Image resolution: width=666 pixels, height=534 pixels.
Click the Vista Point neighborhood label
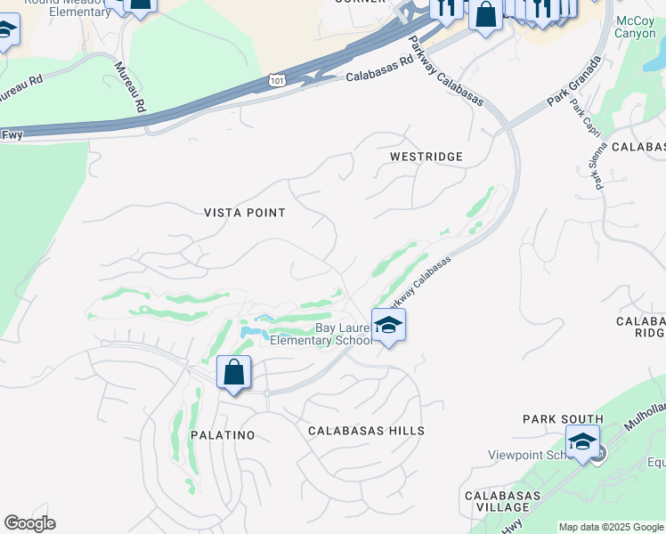tap(245, 213)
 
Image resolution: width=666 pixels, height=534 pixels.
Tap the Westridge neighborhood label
tap(426, 157)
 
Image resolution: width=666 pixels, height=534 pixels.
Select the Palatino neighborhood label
tap(222, 435)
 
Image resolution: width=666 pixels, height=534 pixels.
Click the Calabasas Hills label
tap(366, 431)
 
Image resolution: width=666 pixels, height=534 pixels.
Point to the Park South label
tap(563, 419)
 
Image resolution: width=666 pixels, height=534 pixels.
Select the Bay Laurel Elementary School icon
tap(388, 326)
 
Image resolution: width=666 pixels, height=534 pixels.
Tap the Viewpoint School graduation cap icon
tap(582, 441)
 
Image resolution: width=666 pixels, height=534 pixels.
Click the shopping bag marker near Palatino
tap(233, 373)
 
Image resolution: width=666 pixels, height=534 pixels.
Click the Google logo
tap(29, 523)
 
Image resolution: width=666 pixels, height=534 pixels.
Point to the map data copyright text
tap(611, 527)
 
